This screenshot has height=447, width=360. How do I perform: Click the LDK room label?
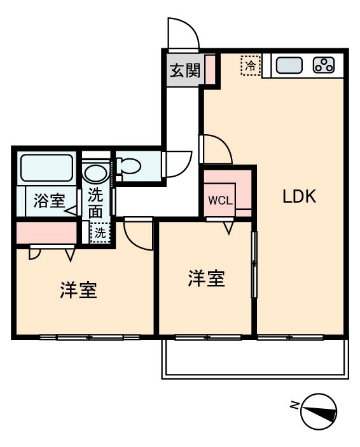tap(299, 196)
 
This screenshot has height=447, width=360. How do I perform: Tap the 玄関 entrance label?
tap(184, 69)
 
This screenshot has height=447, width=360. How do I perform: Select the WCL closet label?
tap(219, 200)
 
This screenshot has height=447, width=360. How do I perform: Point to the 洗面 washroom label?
tap(95, 202)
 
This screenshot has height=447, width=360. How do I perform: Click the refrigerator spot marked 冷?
tap(251, 65)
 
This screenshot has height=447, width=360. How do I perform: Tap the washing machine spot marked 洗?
tap(99, 233)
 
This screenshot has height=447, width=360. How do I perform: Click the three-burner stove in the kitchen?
tap(324, 65)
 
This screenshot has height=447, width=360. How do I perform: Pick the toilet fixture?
tap(130, 167)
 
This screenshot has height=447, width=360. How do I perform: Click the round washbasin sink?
tap(95, 173)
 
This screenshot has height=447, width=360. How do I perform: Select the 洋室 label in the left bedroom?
tap(78, 291)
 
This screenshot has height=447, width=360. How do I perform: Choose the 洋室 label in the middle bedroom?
tap(206, 279)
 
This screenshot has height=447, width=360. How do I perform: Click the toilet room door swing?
tap(176, 163)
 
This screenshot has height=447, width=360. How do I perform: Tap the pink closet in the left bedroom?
tap(45, 232)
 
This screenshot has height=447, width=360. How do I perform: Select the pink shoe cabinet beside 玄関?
tap(210, 70)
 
